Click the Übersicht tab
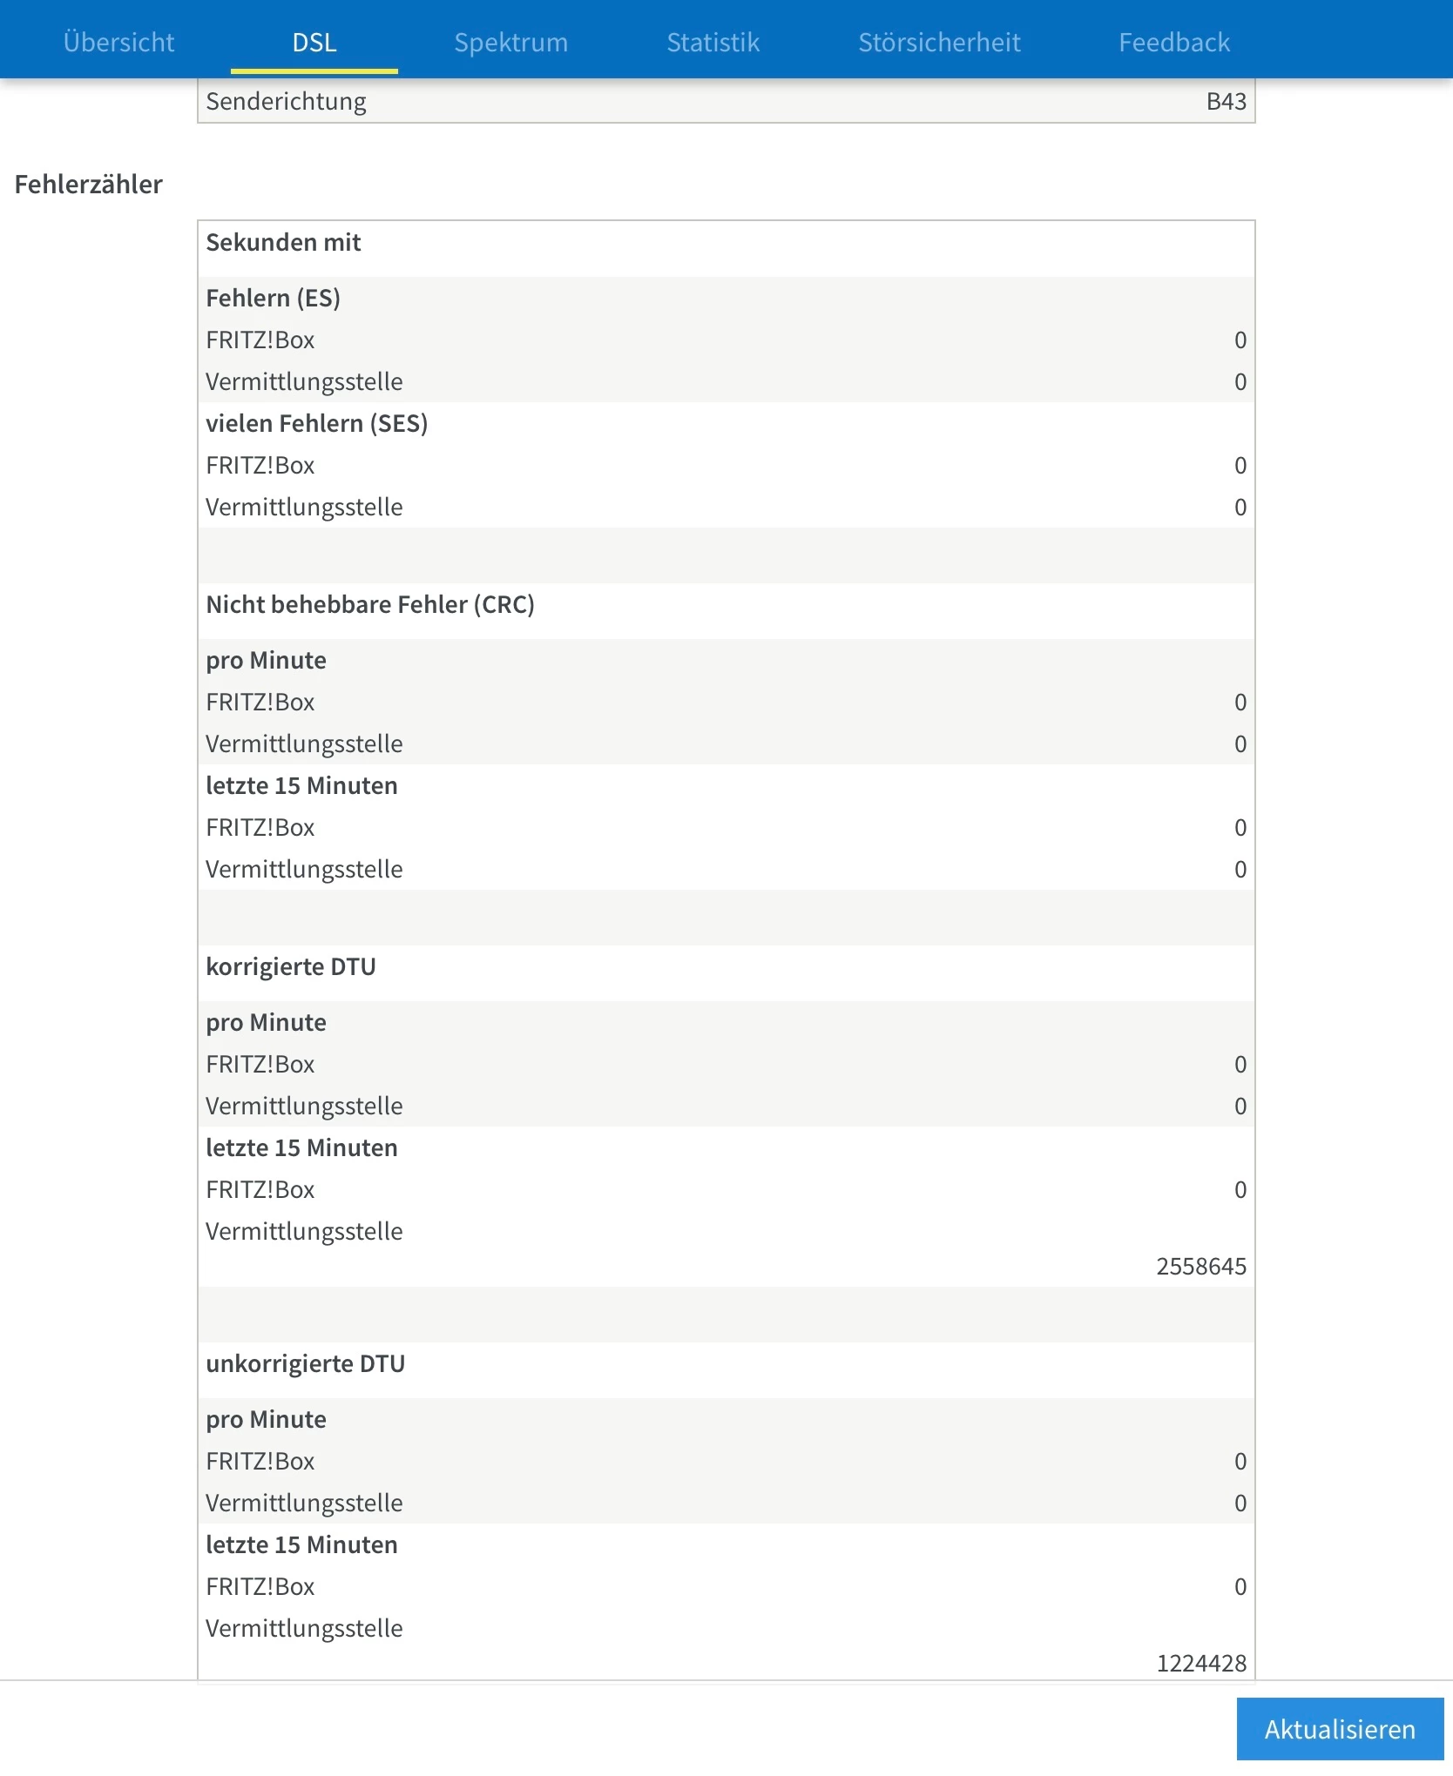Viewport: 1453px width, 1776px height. [118, 42]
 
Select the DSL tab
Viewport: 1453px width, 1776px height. [314, 42]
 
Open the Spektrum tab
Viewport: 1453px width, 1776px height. [510, 42]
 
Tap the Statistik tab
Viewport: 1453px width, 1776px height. [713, 42]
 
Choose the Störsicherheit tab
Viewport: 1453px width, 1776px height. [939, 42]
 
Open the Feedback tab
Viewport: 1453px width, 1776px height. [1174, 42]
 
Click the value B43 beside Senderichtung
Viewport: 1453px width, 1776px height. [1226, 102]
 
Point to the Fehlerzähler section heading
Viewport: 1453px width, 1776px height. [89, 185]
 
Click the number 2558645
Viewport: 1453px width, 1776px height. [1200, 1266]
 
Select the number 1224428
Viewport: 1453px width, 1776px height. [1200, 1663]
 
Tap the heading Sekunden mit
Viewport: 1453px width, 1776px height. [283, 243]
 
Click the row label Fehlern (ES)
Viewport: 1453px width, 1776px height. [273, 299]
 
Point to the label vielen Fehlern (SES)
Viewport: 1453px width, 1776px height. [316, 424]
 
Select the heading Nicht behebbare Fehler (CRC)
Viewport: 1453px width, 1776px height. [370, 605]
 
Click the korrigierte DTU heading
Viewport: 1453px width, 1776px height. [291, 967]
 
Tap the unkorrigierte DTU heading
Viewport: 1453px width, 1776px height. [306, 1364]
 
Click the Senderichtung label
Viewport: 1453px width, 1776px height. [286, 102]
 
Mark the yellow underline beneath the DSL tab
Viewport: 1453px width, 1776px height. [314, 71]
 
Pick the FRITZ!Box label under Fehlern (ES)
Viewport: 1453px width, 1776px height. [260, 340]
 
